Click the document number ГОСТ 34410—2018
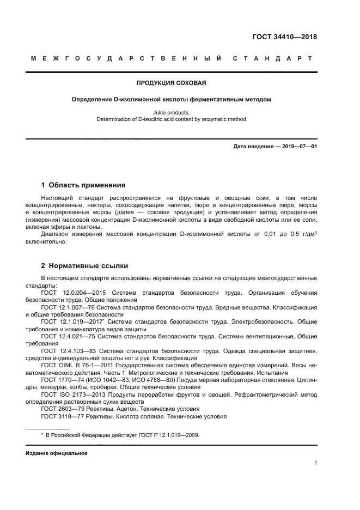coord(284,38)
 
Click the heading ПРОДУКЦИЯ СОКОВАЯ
coord(170,83)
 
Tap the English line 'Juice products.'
coord(171,112)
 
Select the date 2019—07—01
coord(298,147)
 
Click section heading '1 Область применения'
coord(84,185)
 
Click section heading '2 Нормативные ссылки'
coord(85,266)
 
